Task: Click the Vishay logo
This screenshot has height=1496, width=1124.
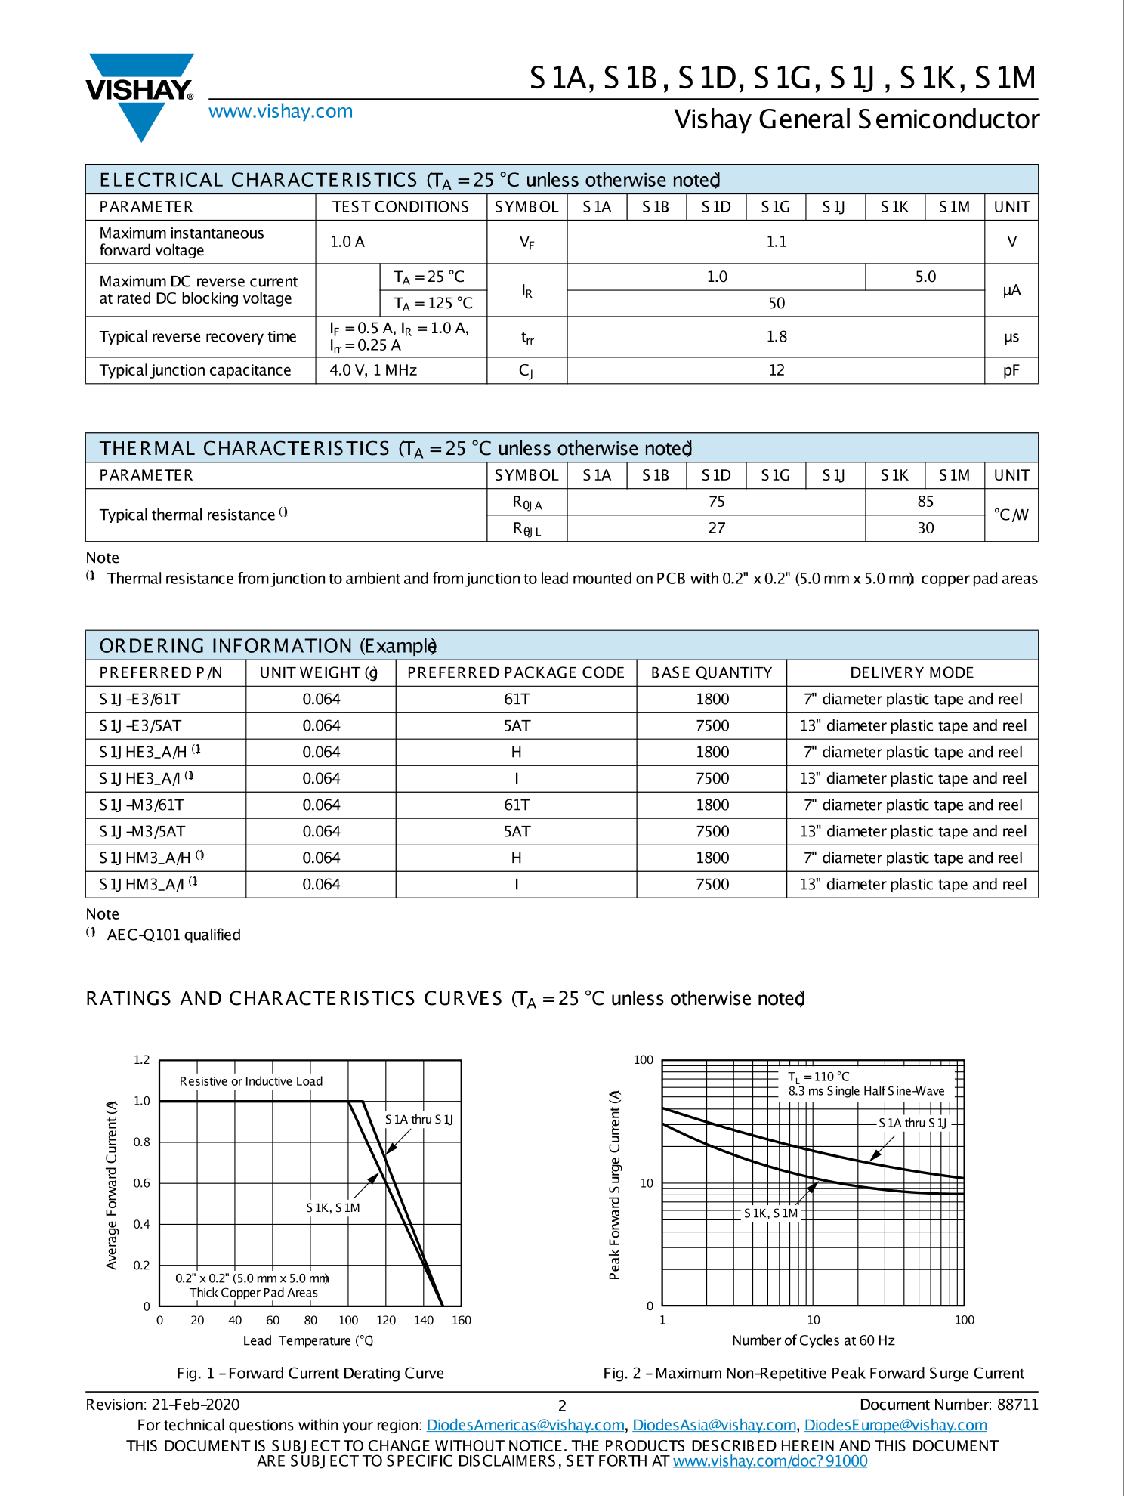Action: pos(140,94)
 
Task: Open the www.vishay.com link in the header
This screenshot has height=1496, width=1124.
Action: pos(280,112)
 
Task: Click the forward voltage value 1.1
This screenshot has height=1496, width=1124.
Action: pos(776,242)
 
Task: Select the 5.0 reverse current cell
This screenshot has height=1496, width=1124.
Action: pos(925,277)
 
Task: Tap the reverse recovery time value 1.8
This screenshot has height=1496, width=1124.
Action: pos(776,336)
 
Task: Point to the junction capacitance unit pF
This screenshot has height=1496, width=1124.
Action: pos(1011,370)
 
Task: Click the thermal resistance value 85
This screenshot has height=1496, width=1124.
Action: pos(925,502)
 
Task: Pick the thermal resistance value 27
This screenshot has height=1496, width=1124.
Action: pos(716,528)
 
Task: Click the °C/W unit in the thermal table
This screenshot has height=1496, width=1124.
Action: pos(1011,515)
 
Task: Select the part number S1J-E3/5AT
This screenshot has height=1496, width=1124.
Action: pos(140,725)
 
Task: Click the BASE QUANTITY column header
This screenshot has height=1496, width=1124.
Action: pos(711,672)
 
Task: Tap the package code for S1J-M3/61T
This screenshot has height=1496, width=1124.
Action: pos(516,805)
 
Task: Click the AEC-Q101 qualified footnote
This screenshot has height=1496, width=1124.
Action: pos(173,935)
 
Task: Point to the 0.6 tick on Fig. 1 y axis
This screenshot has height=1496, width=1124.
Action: pos(142,1183)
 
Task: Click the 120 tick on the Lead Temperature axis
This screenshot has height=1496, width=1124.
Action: pos(386,1320)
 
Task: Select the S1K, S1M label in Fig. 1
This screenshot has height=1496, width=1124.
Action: pos(332,1207)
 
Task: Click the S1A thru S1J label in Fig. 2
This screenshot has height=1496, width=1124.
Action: pos(912,1123)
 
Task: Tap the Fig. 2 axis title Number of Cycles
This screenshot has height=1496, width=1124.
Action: pos(813,1340)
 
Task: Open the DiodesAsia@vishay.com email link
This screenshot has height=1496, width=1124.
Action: pos(714,1425)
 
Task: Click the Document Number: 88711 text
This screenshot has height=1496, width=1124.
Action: pos(949,1405)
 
